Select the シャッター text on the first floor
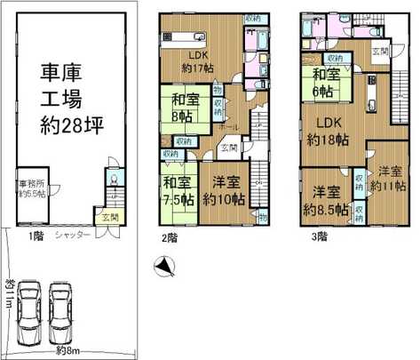tap(71, 236)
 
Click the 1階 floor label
tap(35, 236)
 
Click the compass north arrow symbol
tap(162, 265)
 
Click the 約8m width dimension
tap(65, 350)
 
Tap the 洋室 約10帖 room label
tap(222, 190)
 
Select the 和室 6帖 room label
tap(326, 83)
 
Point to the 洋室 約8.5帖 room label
tap(324, 200)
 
